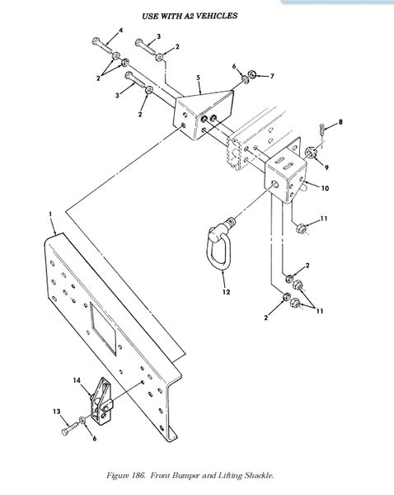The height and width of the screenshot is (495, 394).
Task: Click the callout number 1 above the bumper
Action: point(50,214)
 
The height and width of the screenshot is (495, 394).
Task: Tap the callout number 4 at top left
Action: point(120,31)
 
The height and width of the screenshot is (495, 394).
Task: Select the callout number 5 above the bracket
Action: point(198,78)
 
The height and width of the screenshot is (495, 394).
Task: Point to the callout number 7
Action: point(272,76)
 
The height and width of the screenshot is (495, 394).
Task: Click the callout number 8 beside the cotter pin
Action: point(340,122)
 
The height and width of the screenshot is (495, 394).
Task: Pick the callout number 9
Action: point(326,167)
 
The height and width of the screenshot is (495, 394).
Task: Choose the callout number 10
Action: point(325,188)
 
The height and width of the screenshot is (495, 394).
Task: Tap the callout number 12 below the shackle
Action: point(226,292)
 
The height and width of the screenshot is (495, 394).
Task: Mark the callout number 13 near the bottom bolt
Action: point(57,412)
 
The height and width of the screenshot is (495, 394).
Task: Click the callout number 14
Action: point(77,380)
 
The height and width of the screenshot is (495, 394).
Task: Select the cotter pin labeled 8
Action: point(321,130)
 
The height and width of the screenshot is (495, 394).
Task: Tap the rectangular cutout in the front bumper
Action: point(103,328)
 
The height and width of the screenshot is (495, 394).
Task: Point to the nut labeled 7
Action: point(252,74)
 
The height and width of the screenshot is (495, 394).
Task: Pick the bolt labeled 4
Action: point(101,45)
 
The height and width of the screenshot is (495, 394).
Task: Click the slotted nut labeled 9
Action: point(311,152)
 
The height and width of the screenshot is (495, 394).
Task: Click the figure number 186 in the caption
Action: point(138,475)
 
